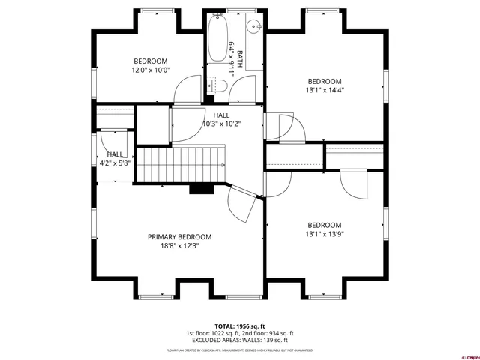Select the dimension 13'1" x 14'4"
click(x=324, y=91)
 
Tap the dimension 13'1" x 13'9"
click(x=324, y=233)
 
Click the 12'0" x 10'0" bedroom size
click(x=151, y=70)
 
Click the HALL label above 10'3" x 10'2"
click(x=221, y=115)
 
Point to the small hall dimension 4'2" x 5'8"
click(x=114, y=163)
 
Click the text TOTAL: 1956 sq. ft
click(x=240, y=326)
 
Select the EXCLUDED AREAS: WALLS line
click(x=240, y=340)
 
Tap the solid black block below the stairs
click(x=201, y=188)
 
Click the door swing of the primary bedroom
click(x=243, y=205)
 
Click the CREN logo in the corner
click(x=468, y=355)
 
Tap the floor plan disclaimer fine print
click(x=240, y=349)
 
